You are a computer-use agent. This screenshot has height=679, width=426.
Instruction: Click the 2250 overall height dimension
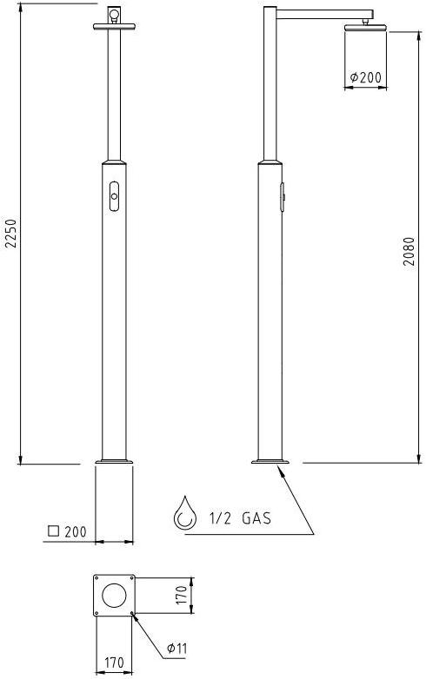(10, 233)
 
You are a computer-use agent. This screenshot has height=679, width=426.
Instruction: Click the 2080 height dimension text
(408, 251)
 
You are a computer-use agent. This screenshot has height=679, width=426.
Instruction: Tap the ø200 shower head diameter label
(365, 78)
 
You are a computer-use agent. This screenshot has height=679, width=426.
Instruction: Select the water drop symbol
(185, 513)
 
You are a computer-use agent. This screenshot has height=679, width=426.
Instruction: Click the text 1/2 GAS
(240, 519)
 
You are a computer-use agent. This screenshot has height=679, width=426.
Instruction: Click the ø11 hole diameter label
(176, 647)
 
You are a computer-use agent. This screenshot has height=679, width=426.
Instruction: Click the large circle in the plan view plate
(113, 596)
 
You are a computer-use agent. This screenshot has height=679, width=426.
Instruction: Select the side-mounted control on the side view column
(283, 196)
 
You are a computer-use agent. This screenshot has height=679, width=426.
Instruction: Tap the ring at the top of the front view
(113, 14)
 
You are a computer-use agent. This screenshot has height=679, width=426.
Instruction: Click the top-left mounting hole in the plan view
(97, 579)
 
